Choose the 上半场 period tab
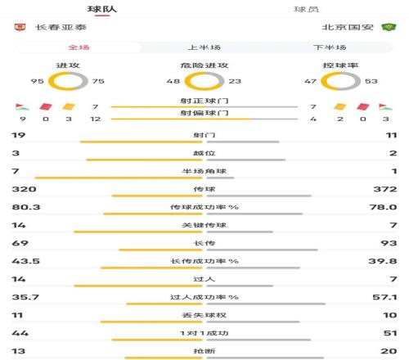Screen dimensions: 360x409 coord(204,47)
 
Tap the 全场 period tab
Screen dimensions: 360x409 coord(79,47)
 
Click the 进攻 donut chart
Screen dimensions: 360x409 coord(68,81)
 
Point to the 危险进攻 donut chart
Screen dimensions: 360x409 coord(204,81)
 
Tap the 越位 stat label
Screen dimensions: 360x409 coord(204,153)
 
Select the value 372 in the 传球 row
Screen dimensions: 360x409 coord(384,189)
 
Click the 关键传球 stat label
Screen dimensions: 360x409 coord(204,225)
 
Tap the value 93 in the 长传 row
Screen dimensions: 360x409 coord(389,243)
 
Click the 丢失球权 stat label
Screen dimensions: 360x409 coord(204,315)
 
